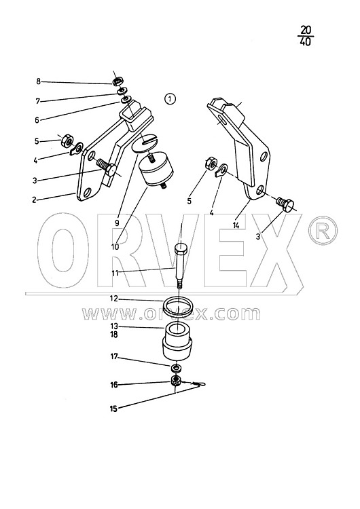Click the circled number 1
(x=170, y=98)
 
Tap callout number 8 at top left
(x=38, y=81)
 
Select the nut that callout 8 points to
(x=118, y=81)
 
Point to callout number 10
(x=115, y=247)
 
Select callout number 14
(x=236, y=225)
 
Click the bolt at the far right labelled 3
(x=285, y=204)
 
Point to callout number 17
(x=113, y=356)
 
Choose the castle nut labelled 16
(x=176, y=380)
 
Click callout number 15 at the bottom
(x=113, y=409)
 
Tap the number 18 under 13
(x=113, y=335)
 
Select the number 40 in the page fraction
(x=305, y=42)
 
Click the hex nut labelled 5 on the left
(x=67, y=140)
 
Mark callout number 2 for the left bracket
(x=34, y=200)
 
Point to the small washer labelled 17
(x=176, y=368)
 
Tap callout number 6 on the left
(x=37, y=120)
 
